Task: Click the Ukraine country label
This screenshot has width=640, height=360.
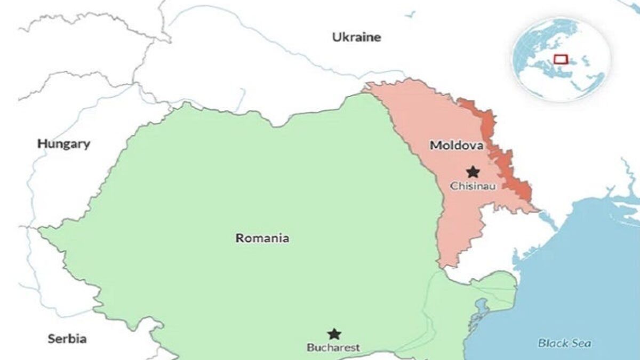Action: (356, 37)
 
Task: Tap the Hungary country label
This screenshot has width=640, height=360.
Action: (63, 144)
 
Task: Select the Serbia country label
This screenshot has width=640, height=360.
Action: (67, 339)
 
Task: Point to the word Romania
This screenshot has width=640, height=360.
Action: (262, 238)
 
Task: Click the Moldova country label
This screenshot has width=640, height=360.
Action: (457, 145)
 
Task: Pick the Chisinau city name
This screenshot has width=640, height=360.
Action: (473, 186)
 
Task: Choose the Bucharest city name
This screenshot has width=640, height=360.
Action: (333, 348)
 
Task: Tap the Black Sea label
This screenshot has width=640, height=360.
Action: (564, 343)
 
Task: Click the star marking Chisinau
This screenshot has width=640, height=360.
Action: (473, 172)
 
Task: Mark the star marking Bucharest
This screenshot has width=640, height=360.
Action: (334, 334)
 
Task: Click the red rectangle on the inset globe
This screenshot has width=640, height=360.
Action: (560, 59)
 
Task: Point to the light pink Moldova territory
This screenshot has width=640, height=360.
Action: (427, 123)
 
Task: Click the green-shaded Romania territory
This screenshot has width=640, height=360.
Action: (240, 187)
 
